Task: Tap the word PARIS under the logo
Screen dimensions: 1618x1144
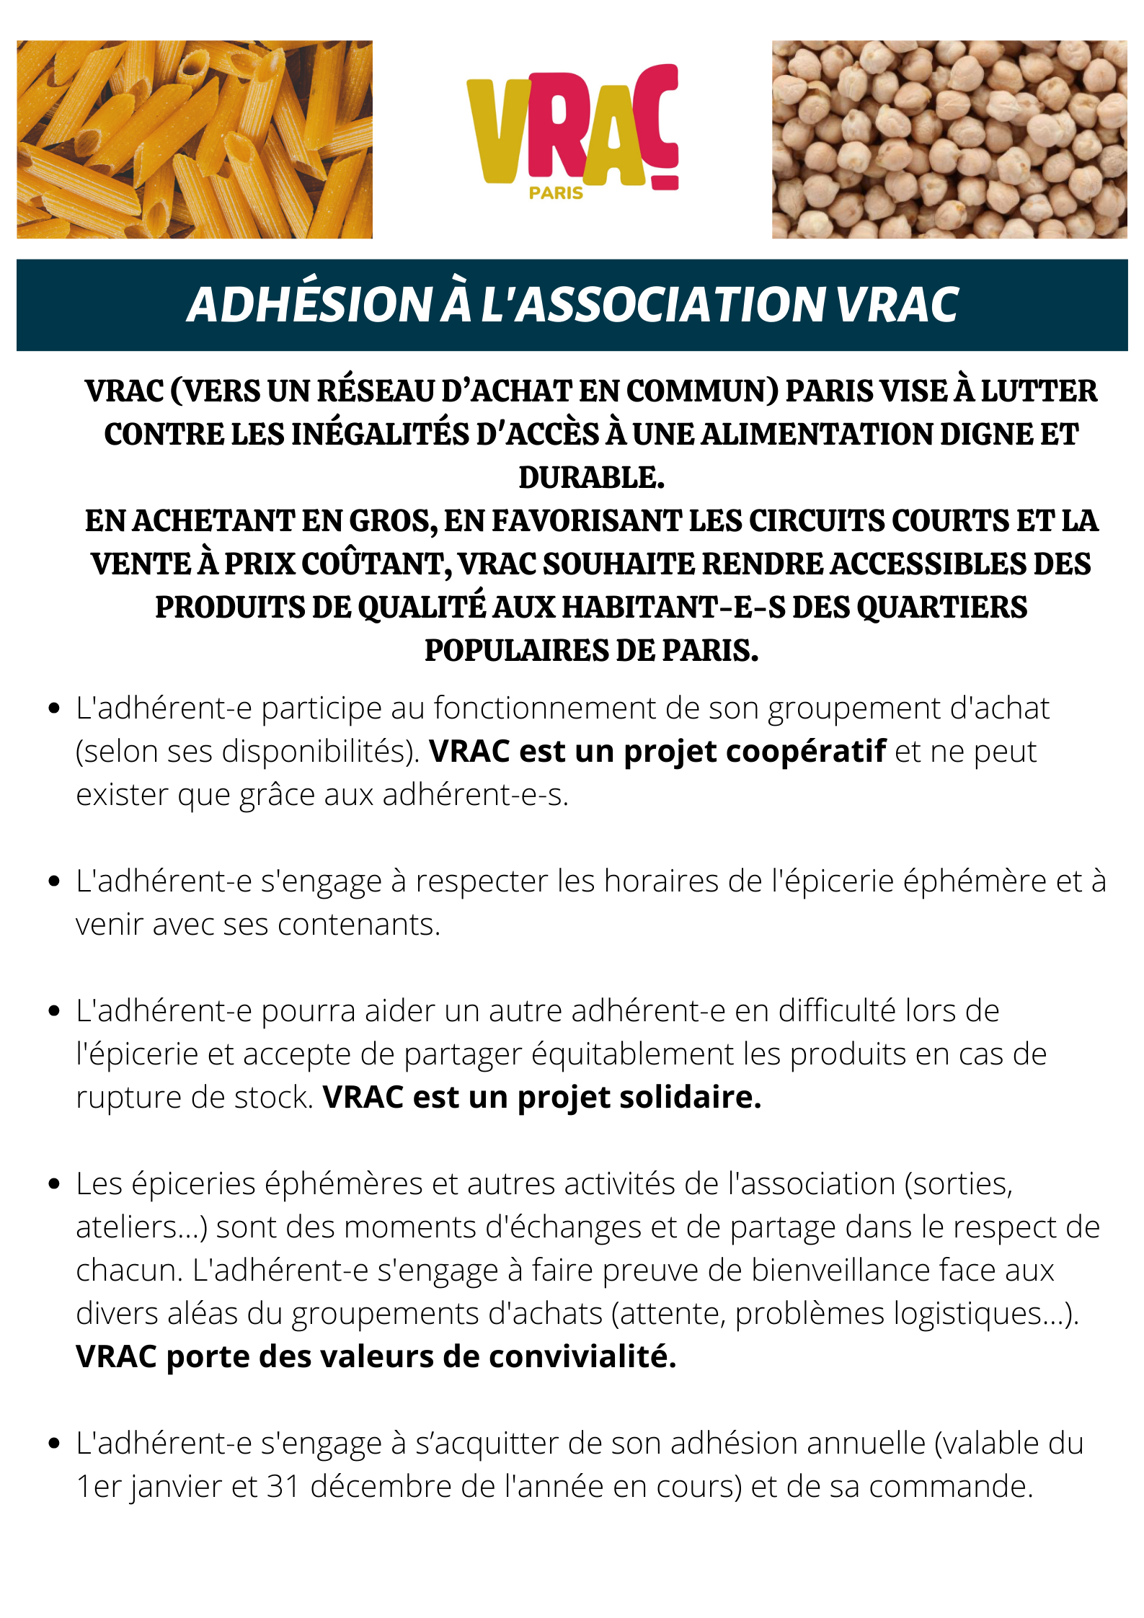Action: pyautogui.click(x=556, y=193)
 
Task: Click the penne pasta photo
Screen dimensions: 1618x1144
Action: pyautogui.click(x=195, y=139)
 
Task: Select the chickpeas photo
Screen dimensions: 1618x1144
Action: pyautogui.click(x=949, y=139)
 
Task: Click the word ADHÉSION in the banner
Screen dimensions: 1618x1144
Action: pyautogui.click(x=309, y=305)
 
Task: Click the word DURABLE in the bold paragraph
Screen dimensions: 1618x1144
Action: pyautogui.click(x=591, y=478)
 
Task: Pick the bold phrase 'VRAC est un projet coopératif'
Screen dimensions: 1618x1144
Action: pyautogui.click(x=657, y=752)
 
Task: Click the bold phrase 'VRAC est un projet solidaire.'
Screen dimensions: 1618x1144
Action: pyautogui.click(x=542, y=1098)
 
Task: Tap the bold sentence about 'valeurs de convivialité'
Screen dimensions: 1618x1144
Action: pyautogui.click(x=376, y=1357)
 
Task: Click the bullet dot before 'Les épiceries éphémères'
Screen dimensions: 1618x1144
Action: pyautogui.click(x=53, y=1184)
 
